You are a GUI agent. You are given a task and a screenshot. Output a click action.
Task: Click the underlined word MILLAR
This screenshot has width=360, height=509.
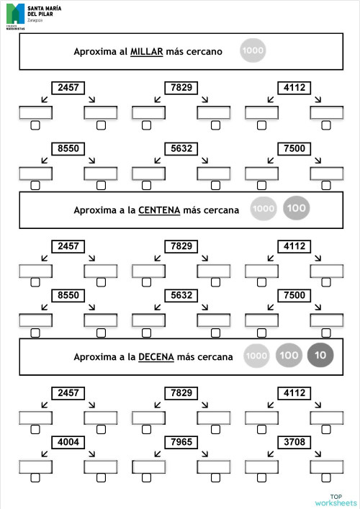point(147,52)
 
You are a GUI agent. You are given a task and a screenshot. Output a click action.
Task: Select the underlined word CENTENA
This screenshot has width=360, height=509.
point(160,210)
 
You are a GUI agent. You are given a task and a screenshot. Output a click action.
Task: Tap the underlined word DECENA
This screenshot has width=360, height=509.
point(156,357)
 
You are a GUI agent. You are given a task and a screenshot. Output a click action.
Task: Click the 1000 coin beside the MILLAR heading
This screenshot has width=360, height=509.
point(253,51)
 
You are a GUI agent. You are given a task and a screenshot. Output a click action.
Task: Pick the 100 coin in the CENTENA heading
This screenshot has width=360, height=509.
point(296,209)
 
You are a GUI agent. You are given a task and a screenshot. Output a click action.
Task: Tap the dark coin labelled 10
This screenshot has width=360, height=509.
point(320,356)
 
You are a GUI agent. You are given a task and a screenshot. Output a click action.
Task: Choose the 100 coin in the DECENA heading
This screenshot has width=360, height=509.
point(288,356)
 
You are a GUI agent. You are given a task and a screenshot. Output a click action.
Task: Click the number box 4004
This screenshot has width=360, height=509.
point(68,441)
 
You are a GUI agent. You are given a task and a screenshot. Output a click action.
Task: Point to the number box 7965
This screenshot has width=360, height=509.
point(179,441)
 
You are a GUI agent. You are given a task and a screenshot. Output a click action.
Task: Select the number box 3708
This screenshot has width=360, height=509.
point(294,441)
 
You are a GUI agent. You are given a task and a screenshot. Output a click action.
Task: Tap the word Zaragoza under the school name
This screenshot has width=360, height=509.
point(36,20)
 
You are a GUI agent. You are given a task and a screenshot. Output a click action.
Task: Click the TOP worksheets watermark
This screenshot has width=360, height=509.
point(336,500)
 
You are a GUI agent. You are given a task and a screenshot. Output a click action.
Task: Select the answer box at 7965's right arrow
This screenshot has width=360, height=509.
point(213,467)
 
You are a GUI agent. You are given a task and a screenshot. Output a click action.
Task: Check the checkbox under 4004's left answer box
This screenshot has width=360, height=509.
point(35,478)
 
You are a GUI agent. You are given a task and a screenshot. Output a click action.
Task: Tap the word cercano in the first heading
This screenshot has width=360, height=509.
point(205,52)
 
